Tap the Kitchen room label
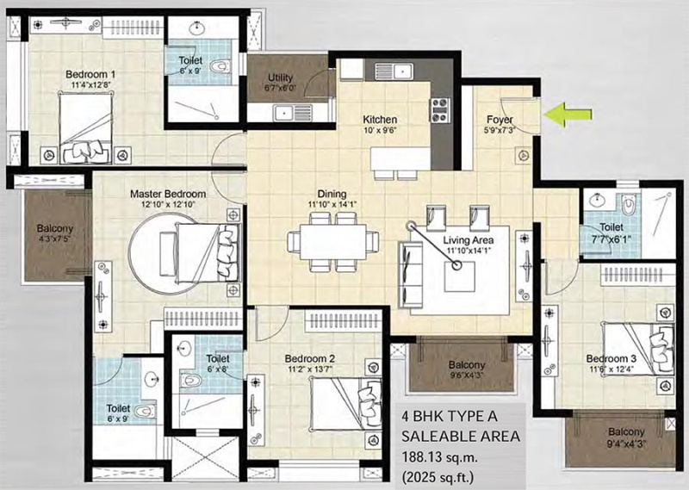(379, 120)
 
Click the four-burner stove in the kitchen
(440, 109)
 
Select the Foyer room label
(500, 120)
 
